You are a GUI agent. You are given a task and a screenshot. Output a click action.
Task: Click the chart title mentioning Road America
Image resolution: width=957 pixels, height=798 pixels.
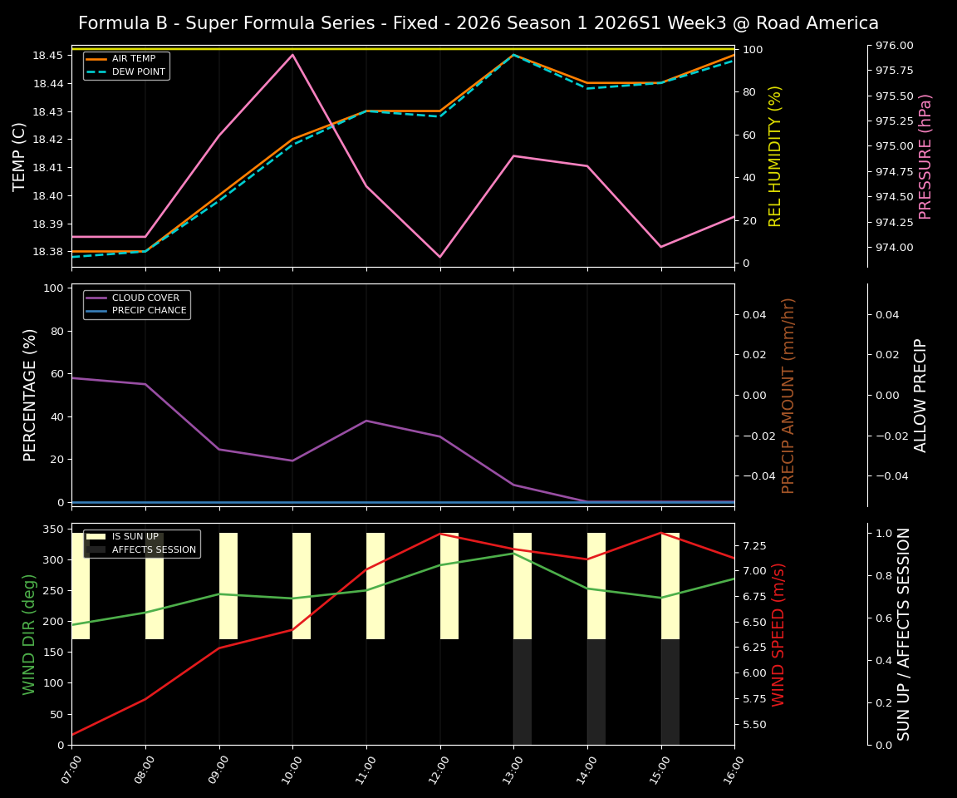pyautogui.click(x=478, y=23)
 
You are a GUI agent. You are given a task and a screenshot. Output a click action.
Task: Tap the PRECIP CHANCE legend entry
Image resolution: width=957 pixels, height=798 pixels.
pyautogui.click(x=149, y=310)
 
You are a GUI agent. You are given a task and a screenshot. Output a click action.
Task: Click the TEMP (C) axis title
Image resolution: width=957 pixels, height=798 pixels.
pyautogui.click(x=19, y=156)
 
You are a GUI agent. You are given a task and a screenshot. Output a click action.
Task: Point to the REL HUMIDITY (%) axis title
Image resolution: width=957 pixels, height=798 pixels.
pyautogui.click(x=775, y=156)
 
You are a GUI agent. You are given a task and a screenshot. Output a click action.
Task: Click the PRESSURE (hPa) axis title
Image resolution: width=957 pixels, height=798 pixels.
pyautogui.click(x=925, y=156)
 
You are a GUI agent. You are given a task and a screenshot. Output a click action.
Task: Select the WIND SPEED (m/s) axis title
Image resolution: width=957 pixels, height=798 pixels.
pyautogui.click(x=778, y=634)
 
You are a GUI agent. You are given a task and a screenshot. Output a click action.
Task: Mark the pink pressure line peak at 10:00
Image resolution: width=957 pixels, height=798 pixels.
pyautogui.click(x=292, y=55)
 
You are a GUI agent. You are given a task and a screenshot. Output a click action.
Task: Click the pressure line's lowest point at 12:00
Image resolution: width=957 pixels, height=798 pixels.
pyautogui.click(x=439, y=257)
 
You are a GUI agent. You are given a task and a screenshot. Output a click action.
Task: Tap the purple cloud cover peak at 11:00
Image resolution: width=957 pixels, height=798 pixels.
pyautogui.click(x=366, y=421)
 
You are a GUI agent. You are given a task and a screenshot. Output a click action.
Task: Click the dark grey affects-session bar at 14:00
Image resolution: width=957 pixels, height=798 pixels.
pyautogui.click(x=596, y=692)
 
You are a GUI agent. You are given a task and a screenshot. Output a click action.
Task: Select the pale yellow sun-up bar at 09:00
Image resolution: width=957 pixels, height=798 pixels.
pyautogui.click(x=228, y=586)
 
